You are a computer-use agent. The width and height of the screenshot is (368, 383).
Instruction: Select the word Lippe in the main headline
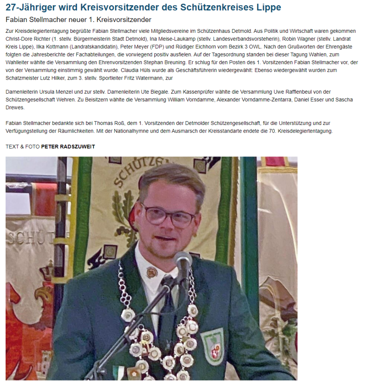[268, 7]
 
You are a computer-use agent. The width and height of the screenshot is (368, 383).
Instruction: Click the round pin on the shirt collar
[152, 272]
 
